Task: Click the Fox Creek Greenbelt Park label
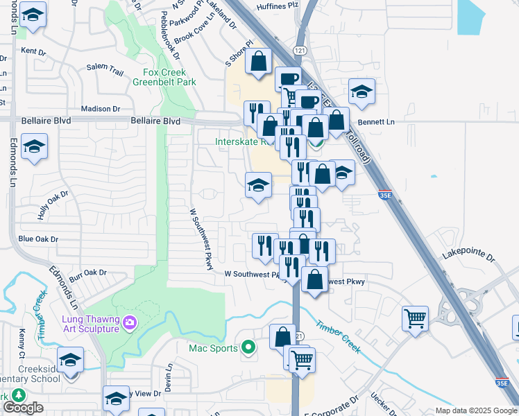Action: pos(169,77)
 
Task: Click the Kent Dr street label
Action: pos(33,51)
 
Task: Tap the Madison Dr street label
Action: pos(101,109)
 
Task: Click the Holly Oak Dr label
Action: pos(55,205)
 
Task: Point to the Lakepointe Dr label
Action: pos(470,257)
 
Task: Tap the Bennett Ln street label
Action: pos(380,122)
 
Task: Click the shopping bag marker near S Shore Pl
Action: pos(259,61)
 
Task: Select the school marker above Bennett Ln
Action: pos(361,91)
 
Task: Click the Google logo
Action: pos(23,408)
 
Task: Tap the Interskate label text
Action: pos(236,141)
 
